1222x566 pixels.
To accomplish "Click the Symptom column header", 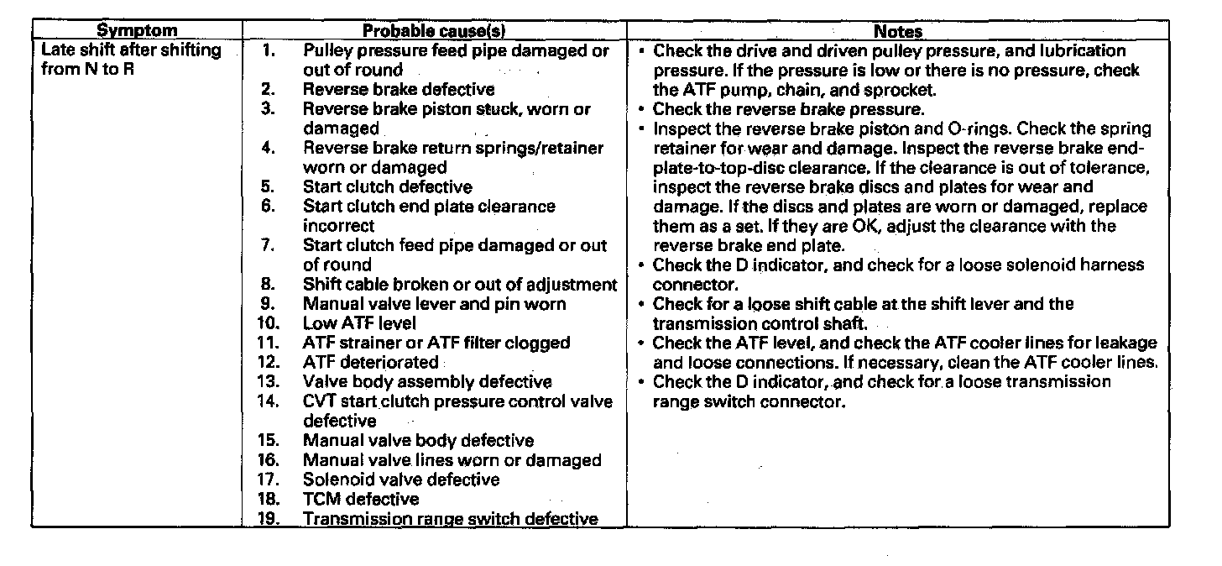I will tap(138, 32).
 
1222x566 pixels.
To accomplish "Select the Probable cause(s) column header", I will tap(434, 32).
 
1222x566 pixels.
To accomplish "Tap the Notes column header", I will tap(898, 32).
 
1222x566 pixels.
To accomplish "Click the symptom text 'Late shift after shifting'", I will tap(131, 50).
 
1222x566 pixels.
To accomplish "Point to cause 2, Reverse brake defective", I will tap(399, 89).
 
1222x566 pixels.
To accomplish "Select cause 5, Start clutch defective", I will tap(387, 186).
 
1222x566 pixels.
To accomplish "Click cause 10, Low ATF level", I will tap(359, 322).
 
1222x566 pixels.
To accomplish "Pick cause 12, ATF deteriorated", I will tap(370, 362).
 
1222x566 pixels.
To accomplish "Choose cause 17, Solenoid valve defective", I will tap(401, 480).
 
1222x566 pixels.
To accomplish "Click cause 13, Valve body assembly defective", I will tap(427, 381).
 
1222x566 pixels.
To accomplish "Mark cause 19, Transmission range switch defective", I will tap(450, 518).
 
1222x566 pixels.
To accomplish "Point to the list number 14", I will tap(268, 401).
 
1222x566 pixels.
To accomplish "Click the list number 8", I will tap(268, 284).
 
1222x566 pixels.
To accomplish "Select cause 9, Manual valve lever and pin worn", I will tap(434, 303).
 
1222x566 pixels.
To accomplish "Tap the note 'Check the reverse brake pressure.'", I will tap(789, 109).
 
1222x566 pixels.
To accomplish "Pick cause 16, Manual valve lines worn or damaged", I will tap(452, 460).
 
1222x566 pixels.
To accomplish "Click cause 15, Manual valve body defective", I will tap(418, 440).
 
